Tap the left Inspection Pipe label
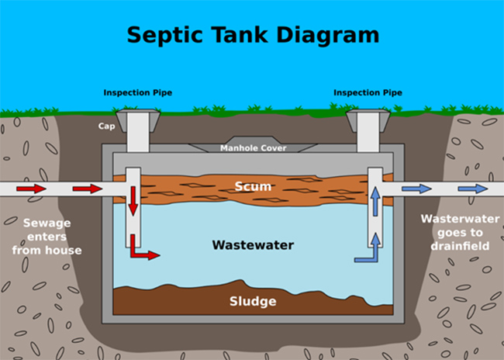(x=138, y=93)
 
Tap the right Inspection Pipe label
(x=368, y=93)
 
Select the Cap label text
(x=106, y=125)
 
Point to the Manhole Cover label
(x=253, y=148)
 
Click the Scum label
(x=252, y=186)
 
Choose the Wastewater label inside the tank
(x=253, y=245)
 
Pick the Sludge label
(x=253, y=301)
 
